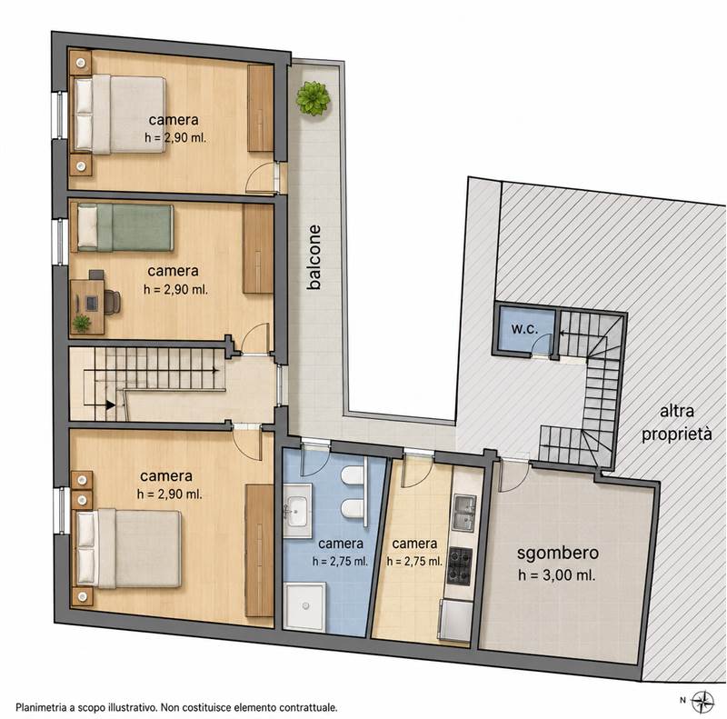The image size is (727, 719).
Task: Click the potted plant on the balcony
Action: pyautogui.click(x=313, y=98)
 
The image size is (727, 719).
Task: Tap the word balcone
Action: pyautogui.click(x=314, y=257)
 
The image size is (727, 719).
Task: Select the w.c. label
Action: pyautogui.click(x=524, y=329)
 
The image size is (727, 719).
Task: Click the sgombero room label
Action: pyautogui.click(x=558, y=554)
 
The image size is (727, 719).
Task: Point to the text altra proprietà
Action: pyautogui.click(x=676, y=423)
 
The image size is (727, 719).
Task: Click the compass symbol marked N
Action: pyautogui.click(x=702, y=701)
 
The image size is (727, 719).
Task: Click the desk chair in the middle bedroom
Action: pyautogui.click(x=113, y=302)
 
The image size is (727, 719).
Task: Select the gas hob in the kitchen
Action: pyautogui.click(x=460, y=566)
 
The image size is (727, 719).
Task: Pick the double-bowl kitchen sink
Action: pyautogui.click(x=464, y=513)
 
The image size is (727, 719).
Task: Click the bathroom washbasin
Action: pyautogui.click(x=297, y=511)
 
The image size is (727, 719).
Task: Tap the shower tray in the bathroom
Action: pyautogui.click(x=304, y=605)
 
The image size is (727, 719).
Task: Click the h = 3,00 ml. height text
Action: pyautogui.click(x=557, y=575)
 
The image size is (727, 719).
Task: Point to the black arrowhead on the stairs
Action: pyautogui.click(x=110, y=405)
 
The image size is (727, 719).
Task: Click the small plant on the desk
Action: pyautogui.click(x=82, y=323)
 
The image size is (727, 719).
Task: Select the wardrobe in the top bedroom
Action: pyautogui.click(x=260, y=108)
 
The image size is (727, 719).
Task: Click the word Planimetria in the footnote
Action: pyautogui.click(x=40, y=708)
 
